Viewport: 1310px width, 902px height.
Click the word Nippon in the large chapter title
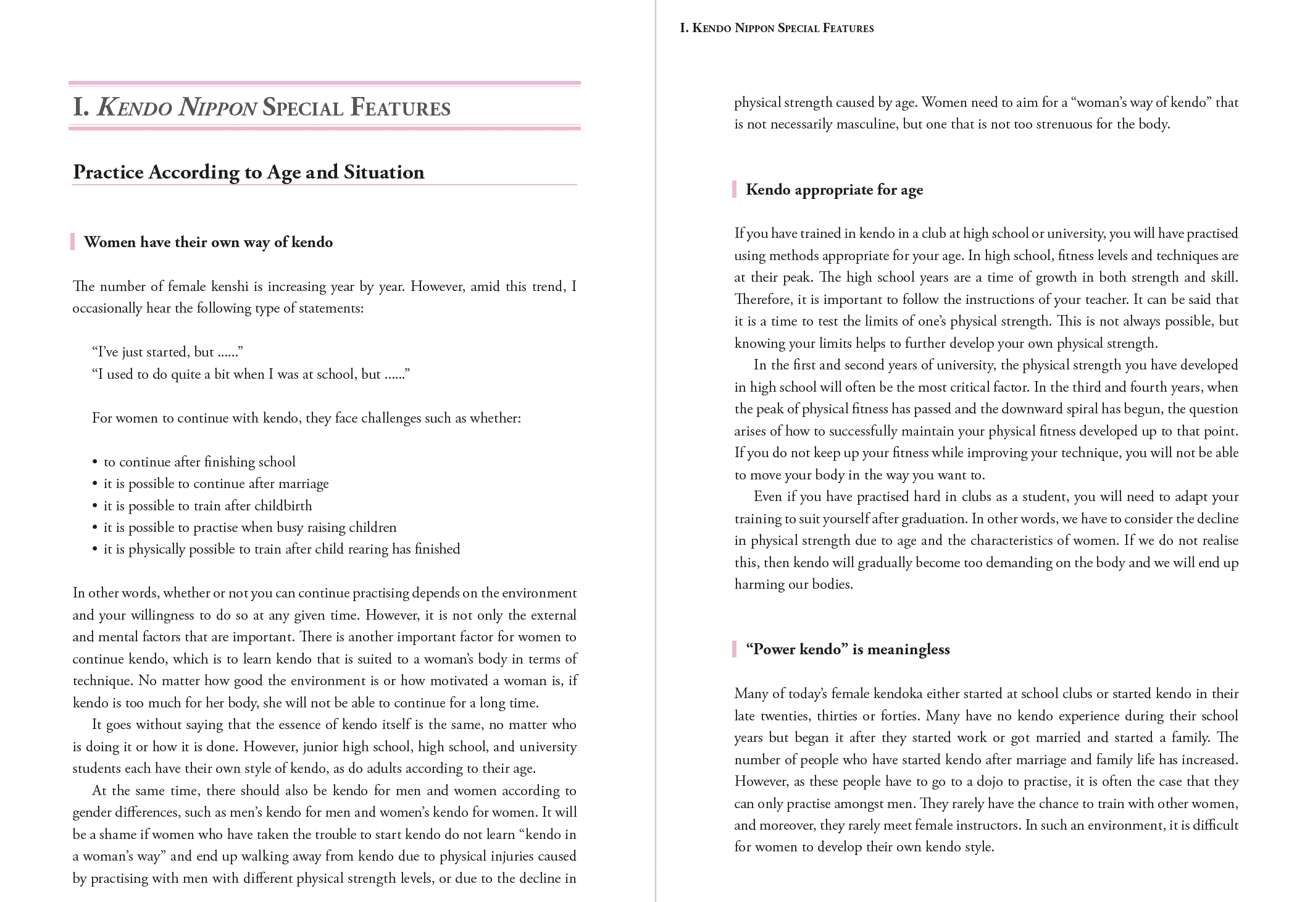pyautogui.click(x=217, y=107)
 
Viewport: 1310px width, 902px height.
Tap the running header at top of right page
pyautogui.click(x=777, y=28)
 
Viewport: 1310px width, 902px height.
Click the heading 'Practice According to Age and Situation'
pyautogui.click(x=248, y=172)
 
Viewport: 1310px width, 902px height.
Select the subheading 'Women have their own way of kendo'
pyautogui.click(x=208, y=242)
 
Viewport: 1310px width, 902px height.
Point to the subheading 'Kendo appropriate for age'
pyautogui.click(x=834, y=190)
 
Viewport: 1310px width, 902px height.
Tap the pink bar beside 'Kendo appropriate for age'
pyautogui.click(x=734, y=189)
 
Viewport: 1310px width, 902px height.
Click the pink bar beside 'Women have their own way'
pyautogui.click(x=73, y=242)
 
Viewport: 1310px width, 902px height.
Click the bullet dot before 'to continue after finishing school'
pyautogui.click(x=95, y=462)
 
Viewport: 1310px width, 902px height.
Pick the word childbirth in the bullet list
pyautogui.click(x=283, y=506)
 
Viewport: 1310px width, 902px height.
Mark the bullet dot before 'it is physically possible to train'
pyautogui.click(x=95, y=549)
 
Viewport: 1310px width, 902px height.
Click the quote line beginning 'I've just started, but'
pyautogui.click(x=167, y=352)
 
